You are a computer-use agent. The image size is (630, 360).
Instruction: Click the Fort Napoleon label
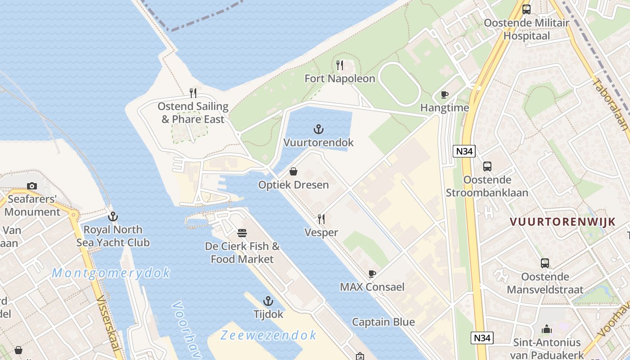(340, 79)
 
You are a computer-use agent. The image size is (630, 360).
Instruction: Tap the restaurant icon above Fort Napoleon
(340, 65)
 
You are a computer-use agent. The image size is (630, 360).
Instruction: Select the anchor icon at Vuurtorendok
(319, 130)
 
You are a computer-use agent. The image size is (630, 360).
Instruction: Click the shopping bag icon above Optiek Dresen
(293, 171)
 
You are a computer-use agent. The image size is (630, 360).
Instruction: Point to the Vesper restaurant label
(321, 233)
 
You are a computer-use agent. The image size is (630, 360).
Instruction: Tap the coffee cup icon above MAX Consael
(372, 274)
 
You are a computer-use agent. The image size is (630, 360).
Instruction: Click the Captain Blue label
(383, 322)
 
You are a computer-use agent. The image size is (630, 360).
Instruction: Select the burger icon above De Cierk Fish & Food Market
(242, 233)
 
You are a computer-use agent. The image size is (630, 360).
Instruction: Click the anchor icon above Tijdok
(268, 301)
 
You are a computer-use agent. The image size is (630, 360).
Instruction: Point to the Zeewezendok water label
(269, 335)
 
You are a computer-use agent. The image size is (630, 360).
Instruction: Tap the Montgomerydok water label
(111, 273)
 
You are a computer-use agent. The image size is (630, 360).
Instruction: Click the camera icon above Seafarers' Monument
(31, 186)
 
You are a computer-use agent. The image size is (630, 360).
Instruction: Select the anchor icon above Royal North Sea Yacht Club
(113, 216)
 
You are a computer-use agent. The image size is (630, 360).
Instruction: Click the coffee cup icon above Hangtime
(445, 94)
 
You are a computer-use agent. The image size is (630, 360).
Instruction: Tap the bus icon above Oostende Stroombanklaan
(487, 166)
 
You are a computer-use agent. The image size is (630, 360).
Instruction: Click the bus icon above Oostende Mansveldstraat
(545, 263)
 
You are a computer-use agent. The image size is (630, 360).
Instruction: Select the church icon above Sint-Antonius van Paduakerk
(547, 329)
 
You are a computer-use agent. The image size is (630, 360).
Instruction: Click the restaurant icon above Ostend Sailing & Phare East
(193, 93)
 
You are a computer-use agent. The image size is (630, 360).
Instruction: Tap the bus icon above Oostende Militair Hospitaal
(526, 9)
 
